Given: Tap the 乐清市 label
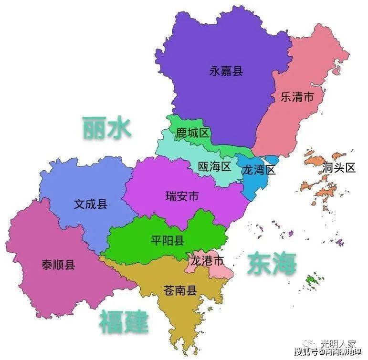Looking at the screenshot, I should click(297, 97).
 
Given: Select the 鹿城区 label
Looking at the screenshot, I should click(193, 133).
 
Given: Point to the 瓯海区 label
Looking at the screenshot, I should click(214, 166).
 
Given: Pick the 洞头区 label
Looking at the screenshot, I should click(339, 168).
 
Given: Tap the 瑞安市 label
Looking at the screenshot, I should click(182, 196).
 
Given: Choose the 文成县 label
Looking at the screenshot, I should click(91, 205).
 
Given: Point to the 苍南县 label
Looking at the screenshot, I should click(180, 291).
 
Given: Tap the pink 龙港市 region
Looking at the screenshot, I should click(220, 271).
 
